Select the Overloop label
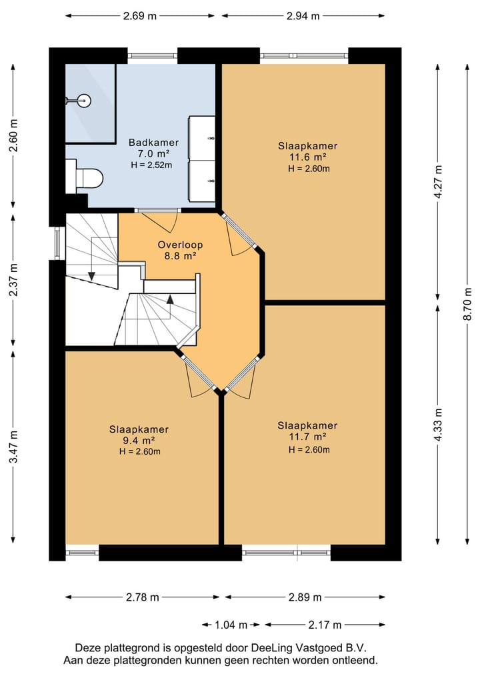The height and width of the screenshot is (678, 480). tap(180, 245)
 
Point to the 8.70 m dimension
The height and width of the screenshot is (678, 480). tap(467, 304)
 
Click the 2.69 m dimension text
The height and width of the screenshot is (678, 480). tap(140, 16)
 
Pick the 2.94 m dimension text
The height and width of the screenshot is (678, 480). tap(303, 16)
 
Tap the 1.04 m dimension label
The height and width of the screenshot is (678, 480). tap(231, 625)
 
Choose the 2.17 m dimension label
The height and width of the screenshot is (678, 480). tap(325, 625)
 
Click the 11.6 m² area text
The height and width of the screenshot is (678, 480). tap(307, 157)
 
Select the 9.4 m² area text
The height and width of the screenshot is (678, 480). tap(139, 440)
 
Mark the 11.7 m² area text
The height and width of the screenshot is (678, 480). tap(307, 437)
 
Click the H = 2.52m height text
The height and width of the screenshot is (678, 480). tap(151, 165)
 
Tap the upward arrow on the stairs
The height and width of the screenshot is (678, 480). tap(170, 300)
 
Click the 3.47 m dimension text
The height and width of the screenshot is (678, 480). tap(14, 447)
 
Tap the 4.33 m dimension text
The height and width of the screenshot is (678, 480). tap(438, 425)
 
